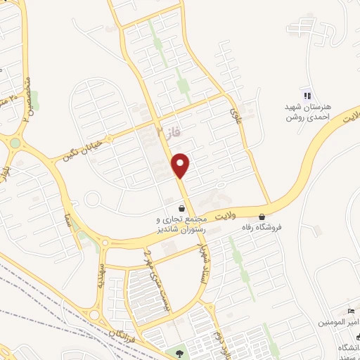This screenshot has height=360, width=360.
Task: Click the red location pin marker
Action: click(181, 165)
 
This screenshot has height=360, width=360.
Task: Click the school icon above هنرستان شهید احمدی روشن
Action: click(307, 96)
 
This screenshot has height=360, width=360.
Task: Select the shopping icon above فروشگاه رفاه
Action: click(262, 217)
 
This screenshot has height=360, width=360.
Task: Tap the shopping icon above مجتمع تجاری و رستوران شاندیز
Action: click(182, 208)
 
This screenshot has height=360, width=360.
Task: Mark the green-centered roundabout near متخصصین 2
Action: click(15, 143)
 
